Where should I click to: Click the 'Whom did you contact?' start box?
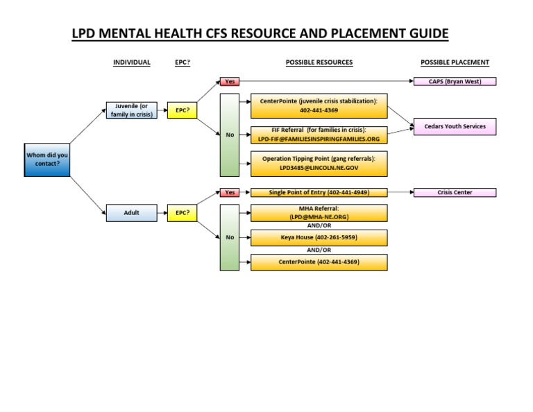click(x=47, y=160)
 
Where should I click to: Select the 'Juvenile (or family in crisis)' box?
click(x=132, y=110)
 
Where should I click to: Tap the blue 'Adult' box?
click(x=132, y=213)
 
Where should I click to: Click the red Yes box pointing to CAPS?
click(x=230, y=81)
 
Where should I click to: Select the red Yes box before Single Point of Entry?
click(x=230, y=193)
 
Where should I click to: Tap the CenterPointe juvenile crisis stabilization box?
click(x=319, y=105)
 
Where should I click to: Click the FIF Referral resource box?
click(x=319, y=135)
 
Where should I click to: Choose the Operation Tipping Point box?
click(x=319, y=164)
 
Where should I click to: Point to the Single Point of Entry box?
click(x=319, y=193)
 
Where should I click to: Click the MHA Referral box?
click(x=319, y=213)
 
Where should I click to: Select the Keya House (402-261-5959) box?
click(x=319, y=238)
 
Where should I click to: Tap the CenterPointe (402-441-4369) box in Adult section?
click(x=319, y=262)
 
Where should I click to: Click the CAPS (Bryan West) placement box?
click(x=455, y=81)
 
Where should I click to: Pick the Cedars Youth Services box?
click(x=455, y=126)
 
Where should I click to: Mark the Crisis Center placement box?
click(x=455, y=193)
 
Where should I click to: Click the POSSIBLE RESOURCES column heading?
click(x=319, y=62)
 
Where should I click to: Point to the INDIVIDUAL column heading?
click(x=132, y=62)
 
